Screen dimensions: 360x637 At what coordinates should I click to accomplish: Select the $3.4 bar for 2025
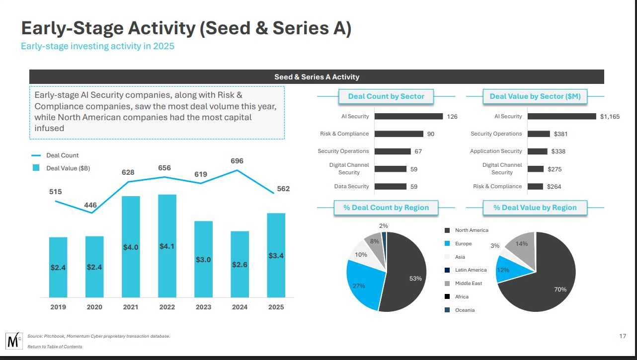[276, 255]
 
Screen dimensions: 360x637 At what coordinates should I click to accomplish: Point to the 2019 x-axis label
[58, 307]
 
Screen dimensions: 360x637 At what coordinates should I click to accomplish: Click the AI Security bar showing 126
[408, 116]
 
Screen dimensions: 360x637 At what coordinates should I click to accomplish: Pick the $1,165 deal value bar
[561, 116]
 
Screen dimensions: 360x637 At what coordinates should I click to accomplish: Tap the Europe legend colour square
[447, 244]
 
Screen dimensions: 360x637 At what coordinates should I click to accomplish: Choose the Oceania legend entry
[465, 310]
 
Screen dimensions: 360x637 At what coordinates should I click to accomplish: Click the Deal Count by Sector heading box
[386, 96]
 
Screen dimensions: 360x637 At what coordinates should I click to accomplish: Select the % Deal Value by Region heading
[535, 208]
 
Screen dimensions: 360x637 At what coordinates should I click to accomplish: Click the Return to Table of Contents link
[55, 347]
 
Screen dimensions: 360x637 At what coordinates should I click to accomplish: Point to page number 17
[623, 336]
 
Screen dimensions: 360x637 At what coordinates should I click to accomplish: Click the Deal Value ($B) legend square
[36, 168]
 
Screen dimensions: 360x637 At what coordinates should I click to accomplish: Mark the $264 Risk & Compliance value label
[554, 187]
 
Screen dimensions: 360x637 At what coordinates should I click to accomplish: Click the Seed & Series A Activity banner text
[317, 77]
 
